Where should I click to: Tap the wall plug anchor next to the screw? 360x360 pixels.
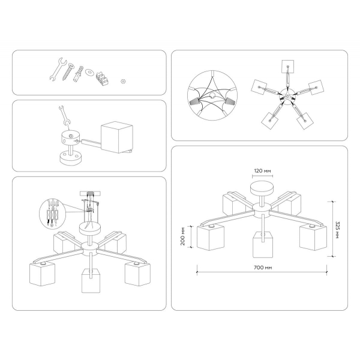coord(78,76)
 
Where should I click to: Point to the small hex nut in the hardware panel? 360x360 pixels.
coord(122,78)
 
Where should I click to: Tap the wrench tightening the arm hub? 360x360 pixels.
coord(63,116)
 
